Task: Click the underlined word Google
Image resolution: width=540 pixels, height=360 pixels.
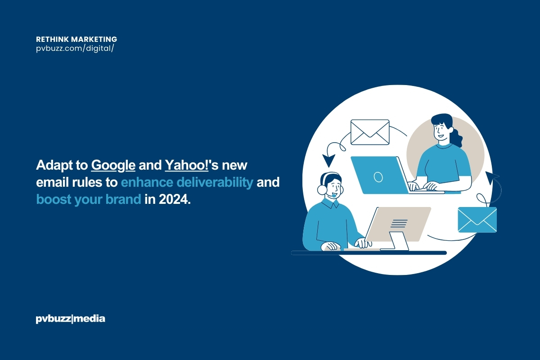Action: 113,166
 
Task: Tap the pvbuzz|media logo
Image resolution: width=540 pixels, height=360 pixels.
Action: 70,319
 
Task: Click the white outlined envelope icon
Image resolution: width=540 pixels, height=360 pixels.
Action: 369,132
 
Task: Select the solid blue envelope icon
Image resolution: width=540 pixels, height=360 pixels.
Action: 477,220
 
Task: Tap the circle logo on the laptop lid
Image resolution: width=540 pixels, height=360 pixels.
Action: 378,177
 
